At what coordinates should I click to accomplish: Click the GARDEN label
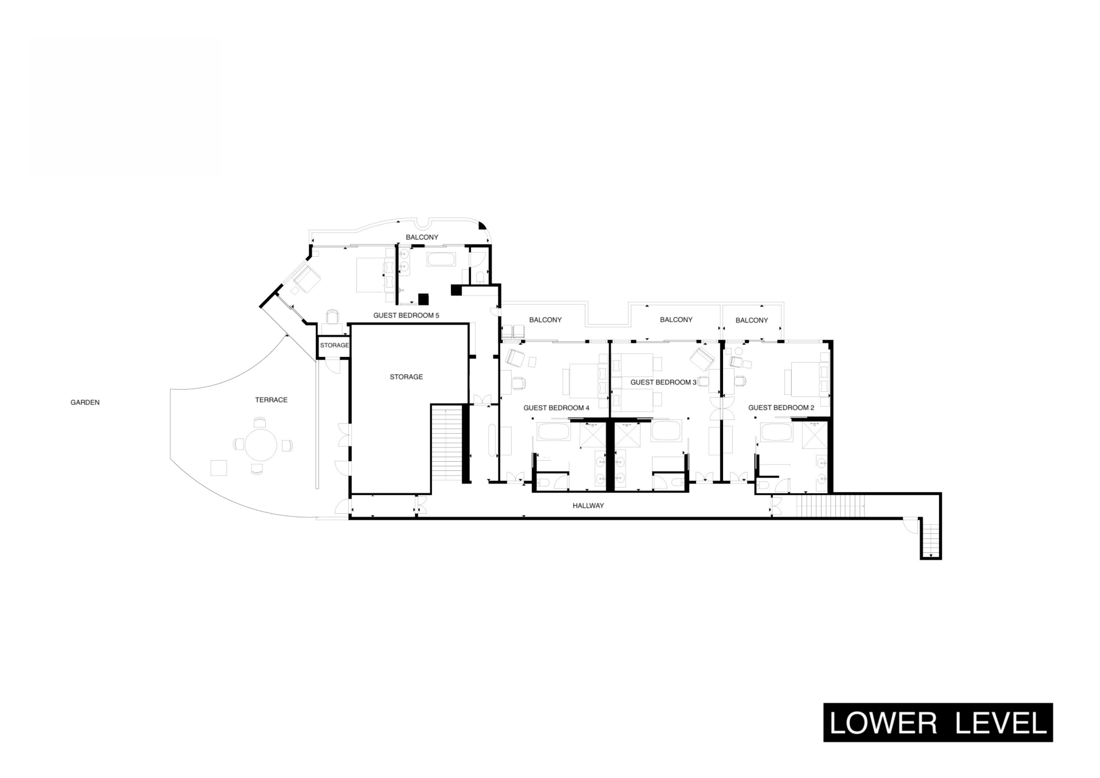pyautogui.click(x=85, y=402)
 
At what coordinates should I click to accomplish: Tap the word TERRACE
pyautogui.click(x=271, y=400)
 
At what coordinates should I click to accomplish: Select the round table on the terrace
pyautogui.click(x=261, y=445)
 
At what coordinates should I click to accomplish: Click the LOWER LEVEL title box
pyautogui.click(x=938, y=722)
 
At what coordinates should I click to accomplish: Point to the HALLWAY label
pyautogui.click(x=588, y=506)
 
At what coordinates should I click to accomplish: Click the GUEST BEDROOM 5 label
pyautogui.click(x=406, y=315)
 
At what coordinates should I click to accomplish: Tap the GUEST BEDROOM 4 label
pyautogui.click(x=556, y=408)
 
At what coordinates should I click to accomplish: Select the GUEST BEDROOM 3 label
pyautogui.click(x=663, y=382)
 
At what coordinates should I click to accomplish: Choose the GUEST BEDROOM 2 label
pyautogui.click(x=781, y=408)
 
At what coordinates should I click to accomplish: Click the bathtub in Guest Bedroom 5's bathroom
pyautogui.click(x=441, y=259)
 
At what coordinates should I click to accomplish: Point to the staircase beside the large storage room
pyautogui.click(x=446, y=442)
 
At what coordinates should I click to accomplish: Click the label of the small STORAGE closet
pyautogui.click(x=335, y=345)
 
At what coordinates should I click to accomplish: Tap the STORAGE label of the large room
pyautogui.click(x=406, y=377)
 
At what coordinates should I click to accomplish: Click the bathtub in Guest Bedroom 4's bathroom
pyautogui.click(x=553, y=431)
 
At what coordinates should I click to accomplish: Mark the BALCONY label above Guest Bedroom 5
pyautogui.click(x=422, y=237)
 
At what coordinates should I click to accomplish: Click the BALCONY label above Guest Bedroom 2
pyautogui.click(x=752, y=320)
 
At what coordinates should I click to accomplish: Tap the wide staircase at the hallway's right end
pyautogui.click(x=831, y=506)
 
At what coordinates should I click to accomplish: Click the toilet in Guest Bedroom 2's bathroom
pyautogui.click(x=763, y=485)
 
